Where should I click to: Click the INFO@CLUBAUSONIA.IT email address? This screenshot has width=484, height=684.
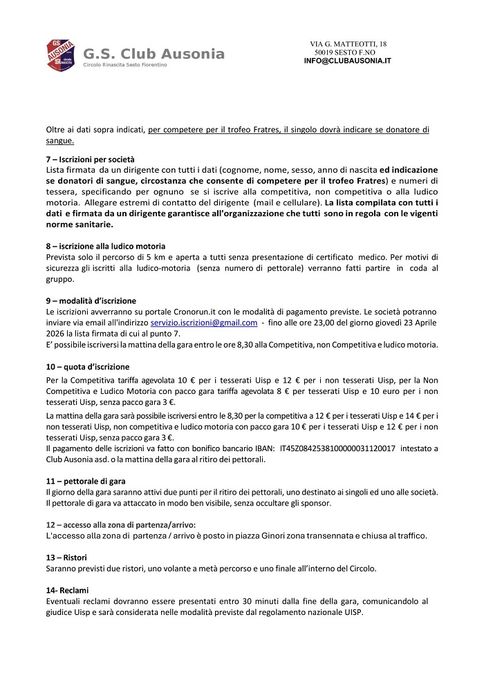[x=348, y=61]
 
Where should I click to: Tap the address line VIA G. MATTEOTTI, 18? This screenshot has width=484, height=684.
[x=348, y=44]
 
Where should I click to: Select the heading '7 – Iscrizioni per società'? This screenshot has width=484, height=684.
[x=91, y=160]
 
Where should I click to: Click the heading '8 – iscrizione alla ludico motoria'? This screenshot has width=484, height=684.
[x=106, y=247]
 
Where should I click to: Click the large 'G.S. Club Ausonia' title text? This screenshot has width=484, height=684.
[x=153, y=53]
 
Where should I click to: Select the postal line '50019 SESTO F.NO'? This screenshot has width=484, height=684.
[x=345, y=53]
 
